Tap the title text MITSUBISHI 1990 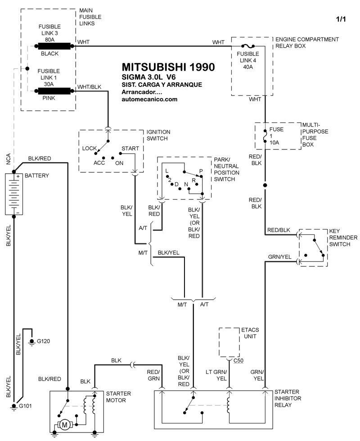click(x=168, y=67)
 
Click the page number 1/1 click(x=342, y=19)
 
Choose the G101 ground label click(x=26, y=406)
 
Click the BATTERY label click(x=36, y=175)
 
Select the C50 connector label click(x=239, y=361)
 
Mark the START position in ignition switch click(x=130, y=148)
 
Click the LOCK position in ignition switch click(x=90, y=148)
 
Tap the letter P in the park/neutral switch click(x=201, y=171)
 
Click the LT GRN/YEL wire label click(x=216, y=375)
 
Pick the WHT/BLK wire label click(x=89, y=86)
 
